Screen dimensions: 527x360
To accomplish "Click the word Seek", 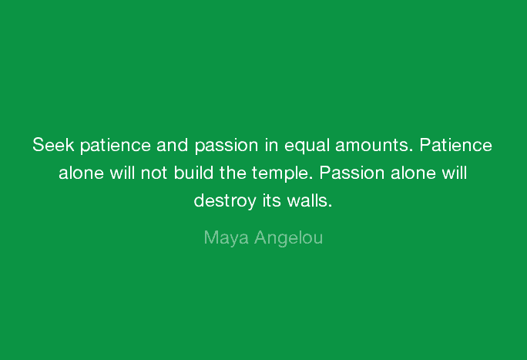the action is point(53,145).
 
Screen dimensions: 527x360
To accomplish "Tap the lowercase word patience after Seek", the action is point(116,146).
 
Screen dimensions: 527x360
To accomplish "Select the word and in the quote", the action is point(172,145).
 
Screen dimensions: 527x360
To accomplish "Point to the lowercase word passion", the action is point(227,146).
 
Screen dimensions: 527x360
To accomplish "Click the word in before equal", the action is point(271,145).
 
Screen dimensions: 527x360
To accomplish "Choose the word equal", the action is point(307,146).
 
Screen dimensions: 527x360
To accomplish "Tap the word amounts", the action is point(374,146).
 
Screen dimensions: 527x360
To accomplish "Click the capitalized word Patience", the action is point(456,145).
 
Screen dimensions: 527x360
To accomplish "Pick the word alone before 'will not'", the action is point(82,173).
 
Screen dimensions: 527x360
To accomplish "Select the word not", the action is point(154,173).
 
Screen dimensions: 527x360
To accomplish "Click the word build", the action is point(193,173).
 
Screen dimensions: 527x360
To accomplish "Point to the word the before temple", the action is point(233,173).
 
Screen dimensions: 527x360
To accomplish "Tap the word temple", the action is point(282,174).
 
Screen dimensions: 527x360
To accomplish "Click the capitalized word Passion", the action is point(351,173).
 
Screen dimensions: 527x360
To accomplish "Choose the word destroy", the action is point(225,202).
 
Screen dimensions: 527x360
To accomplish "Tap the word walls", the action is point(310,200).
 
